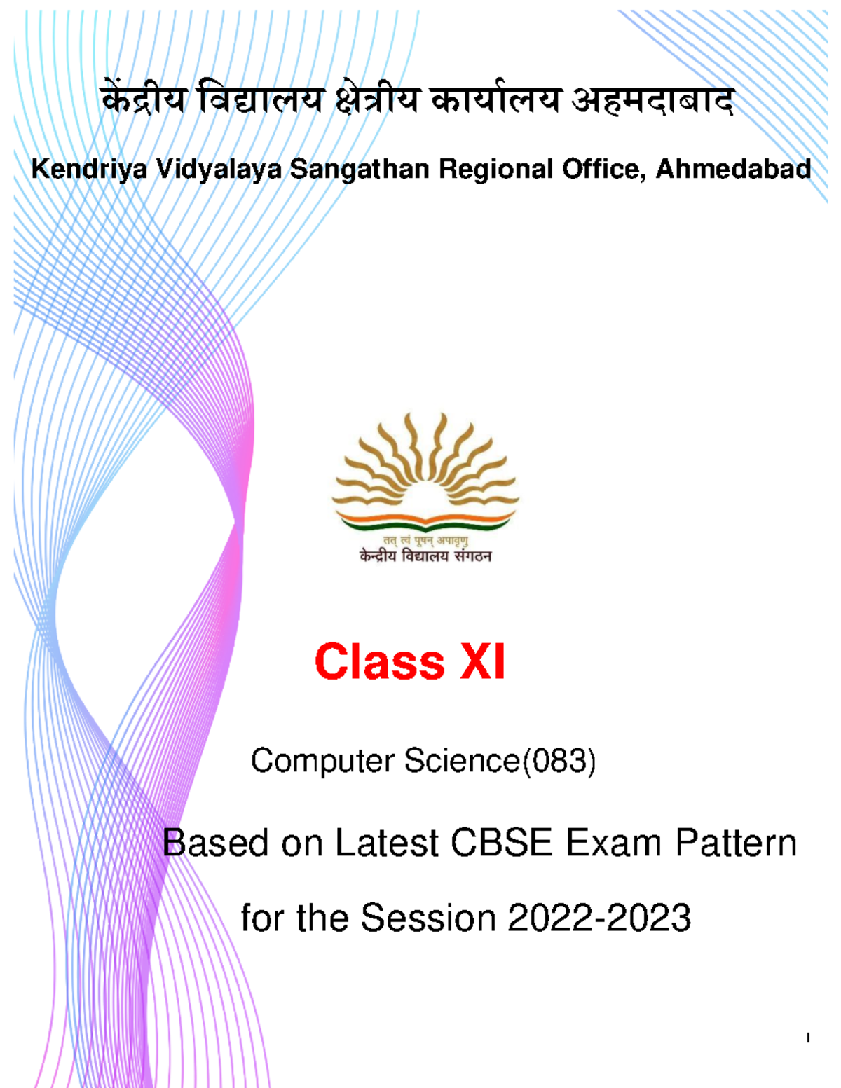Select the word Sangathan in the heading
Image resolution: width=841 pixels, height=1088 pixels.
coord(360,170)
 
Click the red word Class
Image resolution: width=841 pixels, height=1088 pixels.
coord(379,662)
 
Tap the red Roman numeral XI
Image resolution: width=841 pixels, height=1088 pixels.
coord(482,662)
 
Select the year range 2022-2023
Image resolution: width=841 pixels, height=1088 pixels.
coord(599,918)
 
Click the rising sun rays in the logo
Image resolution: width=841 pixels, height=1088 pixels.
coord(425,455)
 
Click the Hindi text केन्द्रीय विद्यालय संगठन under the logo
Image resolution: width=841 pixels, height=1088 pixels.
coord(425,557)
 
